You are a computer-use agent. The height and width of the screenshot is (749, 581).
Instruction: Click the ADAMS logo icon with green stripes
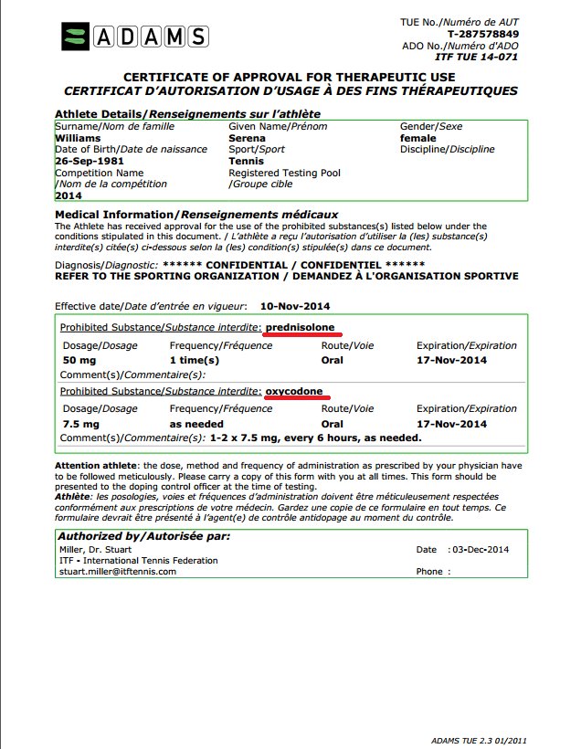[x=76, y=37]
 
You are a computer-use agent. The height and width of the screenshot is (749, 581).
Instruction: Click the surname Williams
[x=79, y=138]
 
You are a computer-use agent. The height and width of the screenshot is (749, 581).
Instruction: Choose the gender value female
[x=419, y=138]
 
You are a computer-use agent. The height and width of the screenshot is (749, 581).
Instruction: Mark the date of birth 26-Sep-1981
[x=89, y=161]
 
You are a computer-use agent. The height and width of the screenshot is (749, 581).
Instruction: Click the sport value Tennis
[x=247, y=161]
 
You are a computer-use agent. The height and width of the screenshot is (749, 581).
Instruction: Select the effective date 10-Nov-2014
[x=295, y=305]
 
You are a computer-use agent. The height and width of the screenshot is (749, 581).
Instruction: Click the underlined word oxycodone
[x=294, y=391]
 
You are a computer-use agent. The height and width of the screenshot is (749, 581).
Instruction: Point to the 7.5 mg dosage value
[x=82, y=424]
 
